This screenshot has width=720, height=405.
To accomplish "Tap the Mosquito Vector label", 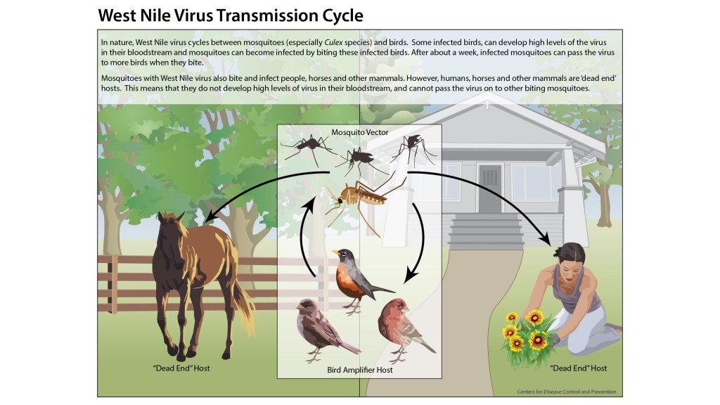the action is pyautogui.click(x=359, y=132).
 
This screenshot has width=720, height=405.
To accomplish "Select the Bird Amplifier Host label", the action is pyautogui.click(x=359, y=370).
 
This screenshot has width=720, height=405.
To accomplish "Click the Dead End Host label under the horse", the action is pyautogui.click(x=181, y=368).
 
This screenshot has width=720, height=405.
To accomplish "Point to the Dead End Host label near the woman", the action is pyautogui.click(x=579, y=368).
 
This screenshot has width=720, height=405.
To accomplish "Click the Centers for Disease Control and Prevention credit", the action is pyautogui.click(x=567, y=392).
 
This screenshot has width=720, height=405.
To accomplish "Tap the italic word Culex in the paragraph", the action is pyautogui.click(x=333, y=42).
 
